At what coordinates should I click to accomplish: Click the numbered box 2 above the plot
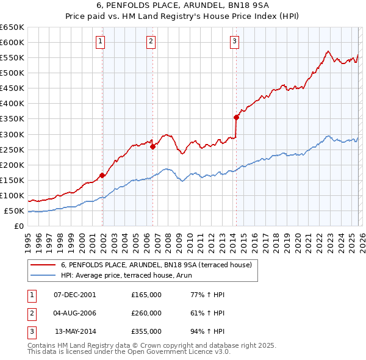point(151,41)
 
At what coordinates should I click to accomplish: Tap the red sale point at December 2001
point(102,176)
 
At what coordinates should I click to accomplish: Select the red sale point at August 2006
point(152,146)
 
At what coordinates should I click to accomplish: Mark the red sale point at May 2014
point(236,117)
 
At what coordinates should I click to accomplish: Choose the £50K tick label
point(14,211)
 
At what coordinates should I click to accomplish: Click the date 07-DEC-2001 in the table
point(74,295)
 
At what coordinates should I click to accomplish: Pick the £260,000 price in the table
point(146,313)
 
